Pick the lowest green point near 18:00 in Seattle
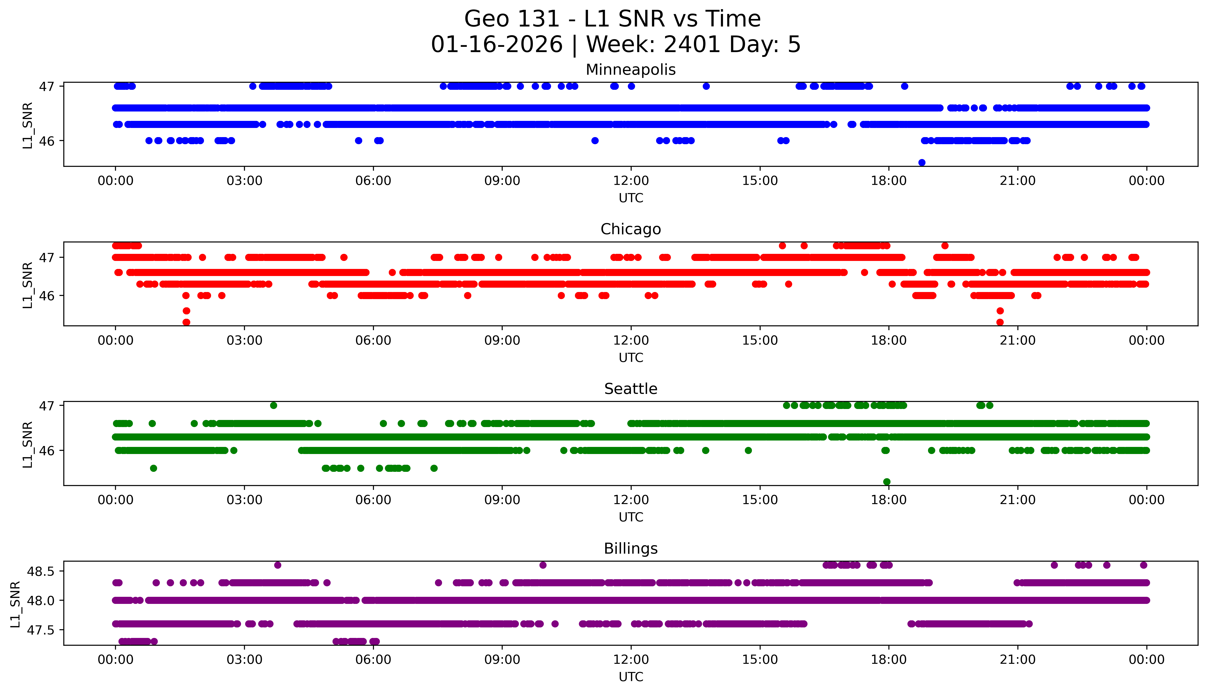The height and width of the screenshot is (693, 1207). coord(886,482)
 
